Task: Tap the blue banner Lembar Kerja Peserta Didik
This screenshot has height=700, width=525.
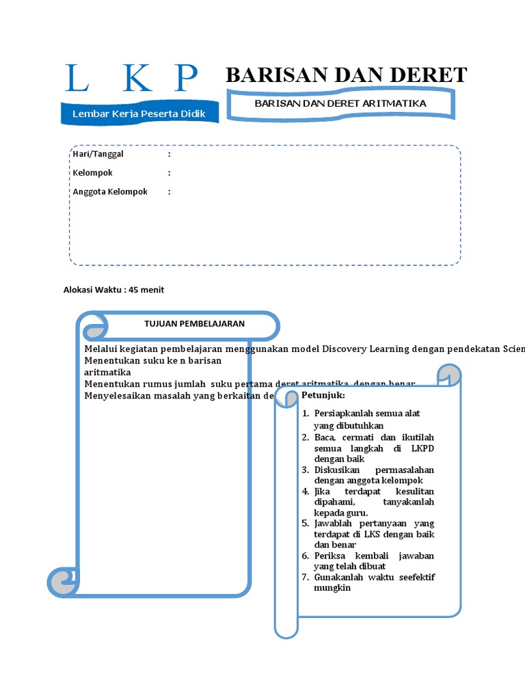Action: (139, 113)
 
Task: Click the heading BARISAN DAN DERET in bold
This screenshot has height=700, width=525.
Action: (346, 75)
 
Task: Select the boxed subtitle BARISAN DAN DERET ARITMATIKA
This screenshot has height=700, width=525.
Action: (340, 103)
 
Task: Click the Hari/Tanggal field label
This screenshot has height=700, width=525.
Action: (98, 154)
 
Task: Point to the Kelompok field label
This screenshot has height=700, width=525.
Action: (92, 173)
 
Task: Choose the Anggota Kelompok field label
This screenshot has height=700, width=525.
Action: (110, 192)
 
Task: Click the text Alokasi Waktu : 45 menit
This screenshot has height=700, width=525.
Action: (113, 290)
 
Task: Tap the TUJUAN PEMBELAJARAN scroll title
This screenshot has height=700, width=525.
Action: (194, 323)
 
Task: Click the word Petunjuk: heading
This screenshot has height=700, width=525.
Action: (323, 396)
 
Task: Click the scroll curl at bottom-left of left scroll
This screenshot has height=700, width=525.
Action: (63, 582)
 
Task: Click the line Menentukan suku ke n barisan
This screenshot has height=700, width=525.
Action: (152, 360)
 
